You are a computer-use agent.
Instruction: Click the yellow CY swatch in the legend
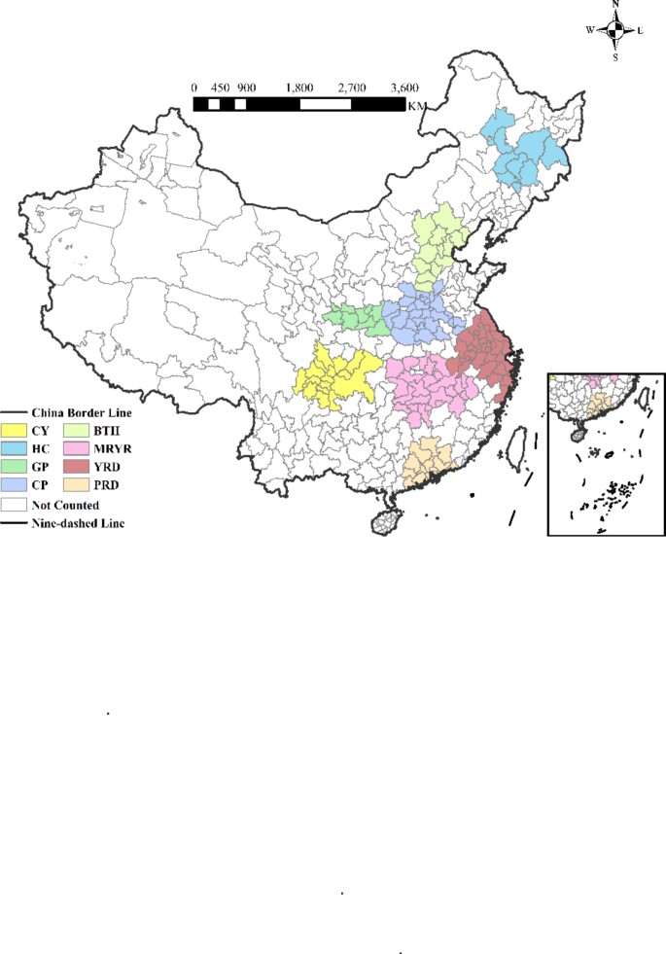coord(14,429)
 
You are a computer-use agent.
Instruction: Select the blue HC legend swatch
coord(14,448)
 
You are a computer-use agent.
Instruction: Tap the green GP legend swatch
coord(14,467)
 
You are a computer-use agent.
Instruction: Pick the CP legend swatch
coord(14,485)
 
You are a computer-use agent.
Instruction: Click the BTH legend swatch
coord(77,429)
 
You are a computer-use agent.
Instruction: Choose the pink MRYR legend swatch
coord(77,448)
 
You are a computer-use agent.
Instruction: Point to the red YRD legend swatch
coord(77,467)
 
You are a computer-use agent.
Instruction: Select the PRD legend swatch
coord(77,485)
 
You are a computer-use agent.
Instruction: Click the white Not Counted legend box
coord(14,505)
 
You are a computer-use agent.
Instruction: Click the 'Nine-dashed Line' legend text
coord(78,523)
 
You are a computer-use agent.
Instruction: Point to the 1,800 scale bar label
coord(299,88)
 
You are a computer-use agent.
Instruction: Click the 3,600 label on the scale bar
coord(403,88)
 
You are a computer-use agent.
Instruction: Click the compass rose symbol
coord(614,30)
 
